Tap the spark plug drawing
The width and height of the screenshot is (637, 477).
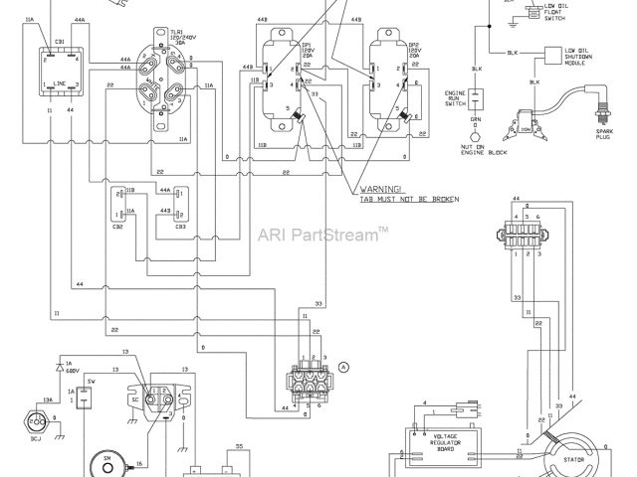[x=600, y=103]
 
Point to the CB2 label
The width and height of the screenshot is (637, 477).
[x=118, y=227]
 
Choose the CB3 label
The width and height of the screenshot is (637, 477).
[x=179, y=227]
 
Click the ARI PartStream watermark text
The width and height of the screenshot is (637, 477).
[x=323, y=236]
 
